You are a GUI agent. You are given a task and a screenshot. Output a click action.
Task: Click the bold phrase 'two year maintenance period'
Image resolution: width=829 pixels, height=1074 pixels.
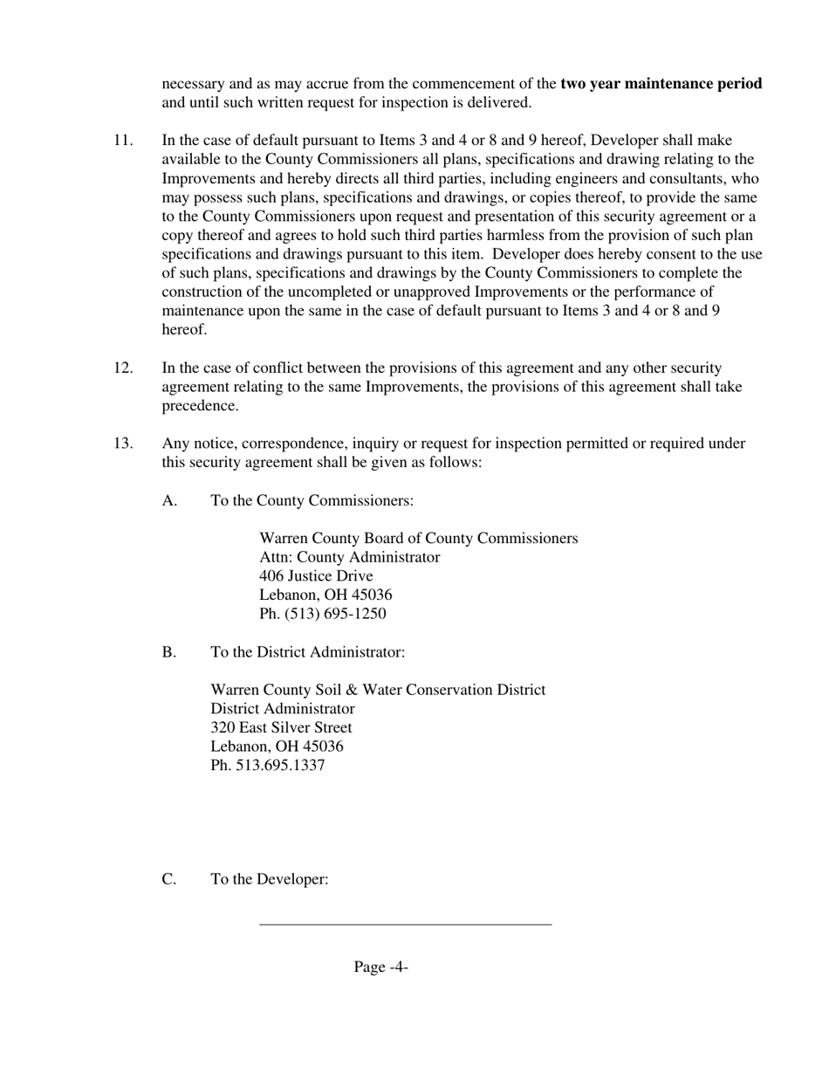(x=661, y=84)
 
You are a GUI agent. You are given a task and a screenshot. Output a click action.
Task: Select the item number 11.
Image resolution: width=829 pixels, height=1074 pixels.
(x=123, y=141)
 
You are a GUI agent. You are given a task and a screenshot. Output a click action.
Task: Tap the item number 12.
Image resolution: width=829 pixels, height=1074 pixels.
(x=123, y=368)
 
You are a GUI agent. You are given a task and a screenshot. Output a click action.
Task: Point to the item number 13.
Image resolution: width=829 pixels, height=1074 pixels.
(x=123, y=444)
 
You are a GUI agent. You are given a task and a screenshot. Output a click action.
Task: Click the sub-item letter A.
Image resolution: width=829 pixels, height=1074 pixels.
(x=169, y=501)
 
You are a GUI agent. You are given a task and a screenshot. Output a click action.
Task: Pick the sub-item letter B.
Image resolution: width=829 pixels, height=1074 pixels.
(x=169, y=652)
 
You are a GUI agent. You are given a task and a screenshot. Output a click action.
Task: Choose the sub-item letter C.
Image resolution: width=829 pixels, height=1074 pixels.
(x=169, y=879)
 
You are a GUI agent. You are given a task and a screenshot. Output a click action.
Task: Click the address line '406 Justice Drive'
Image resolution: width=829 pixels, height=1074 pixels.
(x=316, y=576)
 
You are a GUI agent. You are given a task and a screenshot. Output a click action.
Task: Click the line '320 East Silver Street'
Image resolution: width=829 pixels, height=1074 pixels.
(x=282, y=727)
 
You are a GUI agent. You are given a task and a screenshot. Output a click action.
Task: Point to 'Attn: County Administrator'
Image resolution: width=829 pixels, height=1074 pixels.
(x=349, y=557)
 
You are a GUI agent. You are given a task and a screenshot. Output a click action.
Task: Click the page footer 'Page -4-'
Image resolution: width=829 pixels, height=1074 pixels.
(x=381, y=967)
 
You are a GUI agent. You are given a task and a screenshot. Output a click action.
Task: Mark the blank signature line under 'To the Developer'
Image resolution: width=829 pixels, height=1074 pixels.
(x=406, y=923)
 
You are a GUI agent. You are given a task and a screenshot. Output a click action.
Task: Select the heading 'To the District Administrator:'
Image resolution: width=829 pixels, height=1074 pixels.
(x=308, y=652)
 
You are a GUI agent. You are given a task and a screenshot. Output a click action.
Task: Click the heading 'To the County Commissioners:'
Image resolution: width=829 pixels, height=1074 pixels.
(x=312, y=501)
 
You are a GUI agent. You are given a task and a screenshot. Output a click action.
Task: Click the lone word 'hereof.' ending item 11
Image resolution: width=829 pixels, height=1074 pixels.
(x=185, y=330)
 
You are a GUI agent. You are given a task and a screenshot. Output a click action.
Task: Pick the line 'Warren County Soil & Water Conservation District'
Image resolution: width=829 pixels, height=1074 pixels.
(x=378, y=690)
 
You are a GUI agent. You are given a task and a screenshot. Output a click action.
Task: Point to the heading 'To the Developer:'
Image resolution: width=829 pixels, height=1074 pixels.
(x=270, y=879)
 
